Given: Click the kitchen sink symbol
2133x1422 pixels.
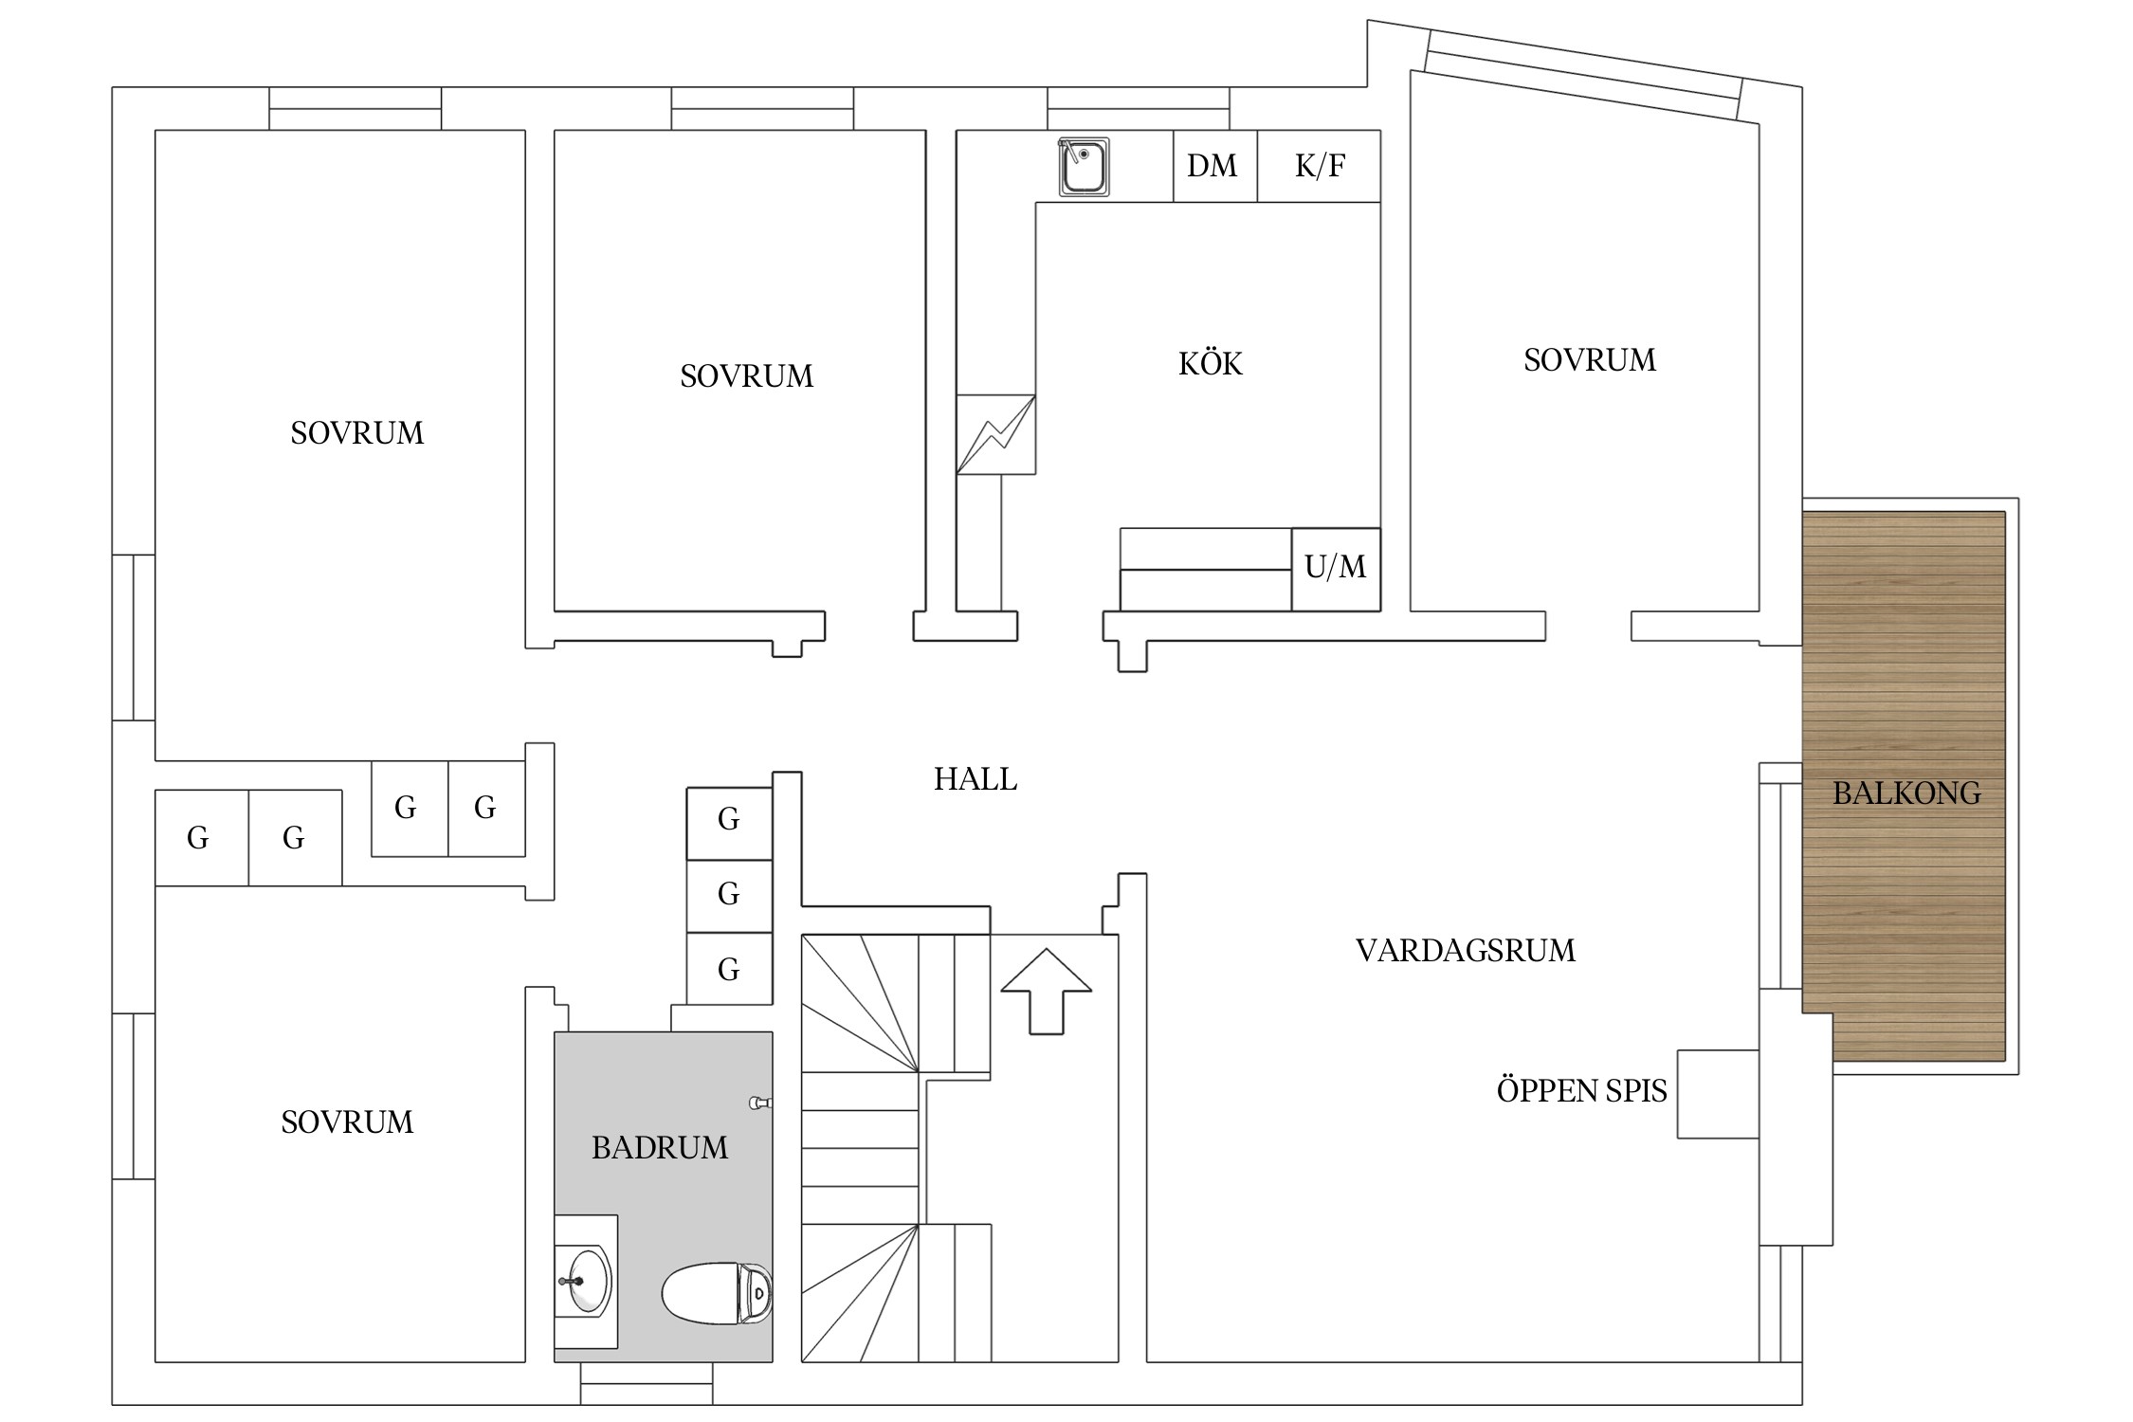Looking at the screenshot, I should pos(1084,168).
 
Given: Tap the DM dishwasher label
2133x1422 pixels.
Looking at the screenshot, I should pos(1212,166).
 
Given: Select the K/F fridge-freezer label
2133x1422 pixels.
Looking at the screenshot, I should pos(1320,166).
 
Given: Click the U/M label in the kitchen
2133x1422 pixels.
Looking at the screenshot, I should pos(1335,567).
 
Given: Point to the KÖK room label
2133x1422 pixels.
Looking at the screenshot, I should pos(1210,363).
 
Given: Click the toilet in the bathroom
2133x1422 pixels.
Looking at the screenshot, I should pos(717,1293).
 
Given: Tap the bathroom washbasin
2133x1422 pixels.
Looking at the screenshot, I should pos(585,1281).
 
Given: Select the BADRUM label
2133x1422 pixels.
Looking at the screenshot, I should pos(660,1148).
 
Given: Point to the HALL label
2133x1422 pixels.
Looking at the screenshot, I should pos(975,779).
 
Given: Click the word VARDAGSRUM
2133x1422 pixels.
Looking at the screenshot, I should pos(1465,950).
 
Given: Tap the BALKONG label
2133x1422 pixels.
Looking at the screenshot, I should pos(1905,793).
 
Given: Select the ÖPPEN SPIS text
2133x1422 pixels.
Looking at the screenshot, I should pos(1581,1091).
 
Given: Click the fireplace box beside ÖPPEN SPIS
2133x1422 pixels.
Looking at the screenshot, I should pos(1718,1093).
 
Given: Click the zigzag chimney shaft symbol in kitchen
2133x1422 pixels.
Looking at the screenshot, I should pos(995,434).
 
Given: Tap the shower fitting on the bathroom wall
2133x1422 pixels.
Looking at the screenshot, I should pos(760,1103).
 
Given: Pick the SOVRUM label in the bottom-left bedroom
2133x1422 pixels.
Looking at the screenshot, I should pos(347,1122).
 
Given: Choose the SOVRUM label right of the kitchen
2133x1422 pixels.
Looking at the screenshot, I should pos(1590,360).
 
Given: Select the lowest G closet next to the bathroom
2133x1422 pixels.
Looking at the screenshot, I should pos(728,969).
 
